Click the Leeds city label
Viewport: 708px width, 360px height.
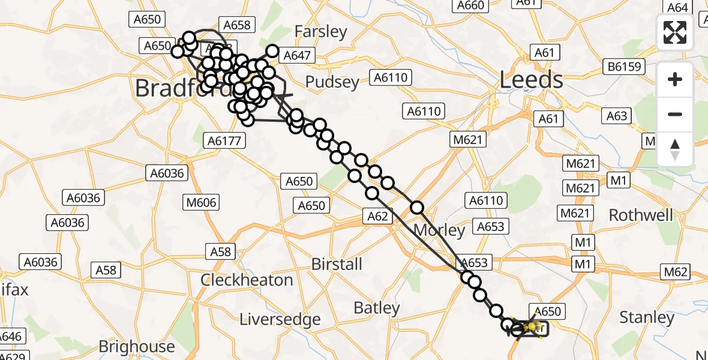click(532, 80)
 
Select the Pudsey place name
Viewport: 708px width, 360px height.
click(332, 82)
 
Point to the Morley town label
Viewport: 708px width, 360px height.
click(439, 230)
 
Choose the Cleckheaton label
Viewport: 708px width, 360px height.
click(247, 280)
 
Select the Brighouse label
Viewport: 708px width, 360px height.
click(137, 347)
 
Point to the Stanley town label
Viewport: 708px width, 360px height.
click(647, 317)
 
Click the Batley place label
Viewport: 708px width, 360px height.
click(377, 308)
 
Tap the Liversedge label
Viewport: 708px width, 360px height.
click(280, 319)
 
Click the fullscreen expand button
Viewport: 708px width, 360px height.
click(675, 32)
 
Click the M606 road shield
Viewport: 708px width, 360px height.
click(201, 203)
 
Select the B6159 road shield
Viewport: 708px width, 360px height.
click(624, 66)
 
